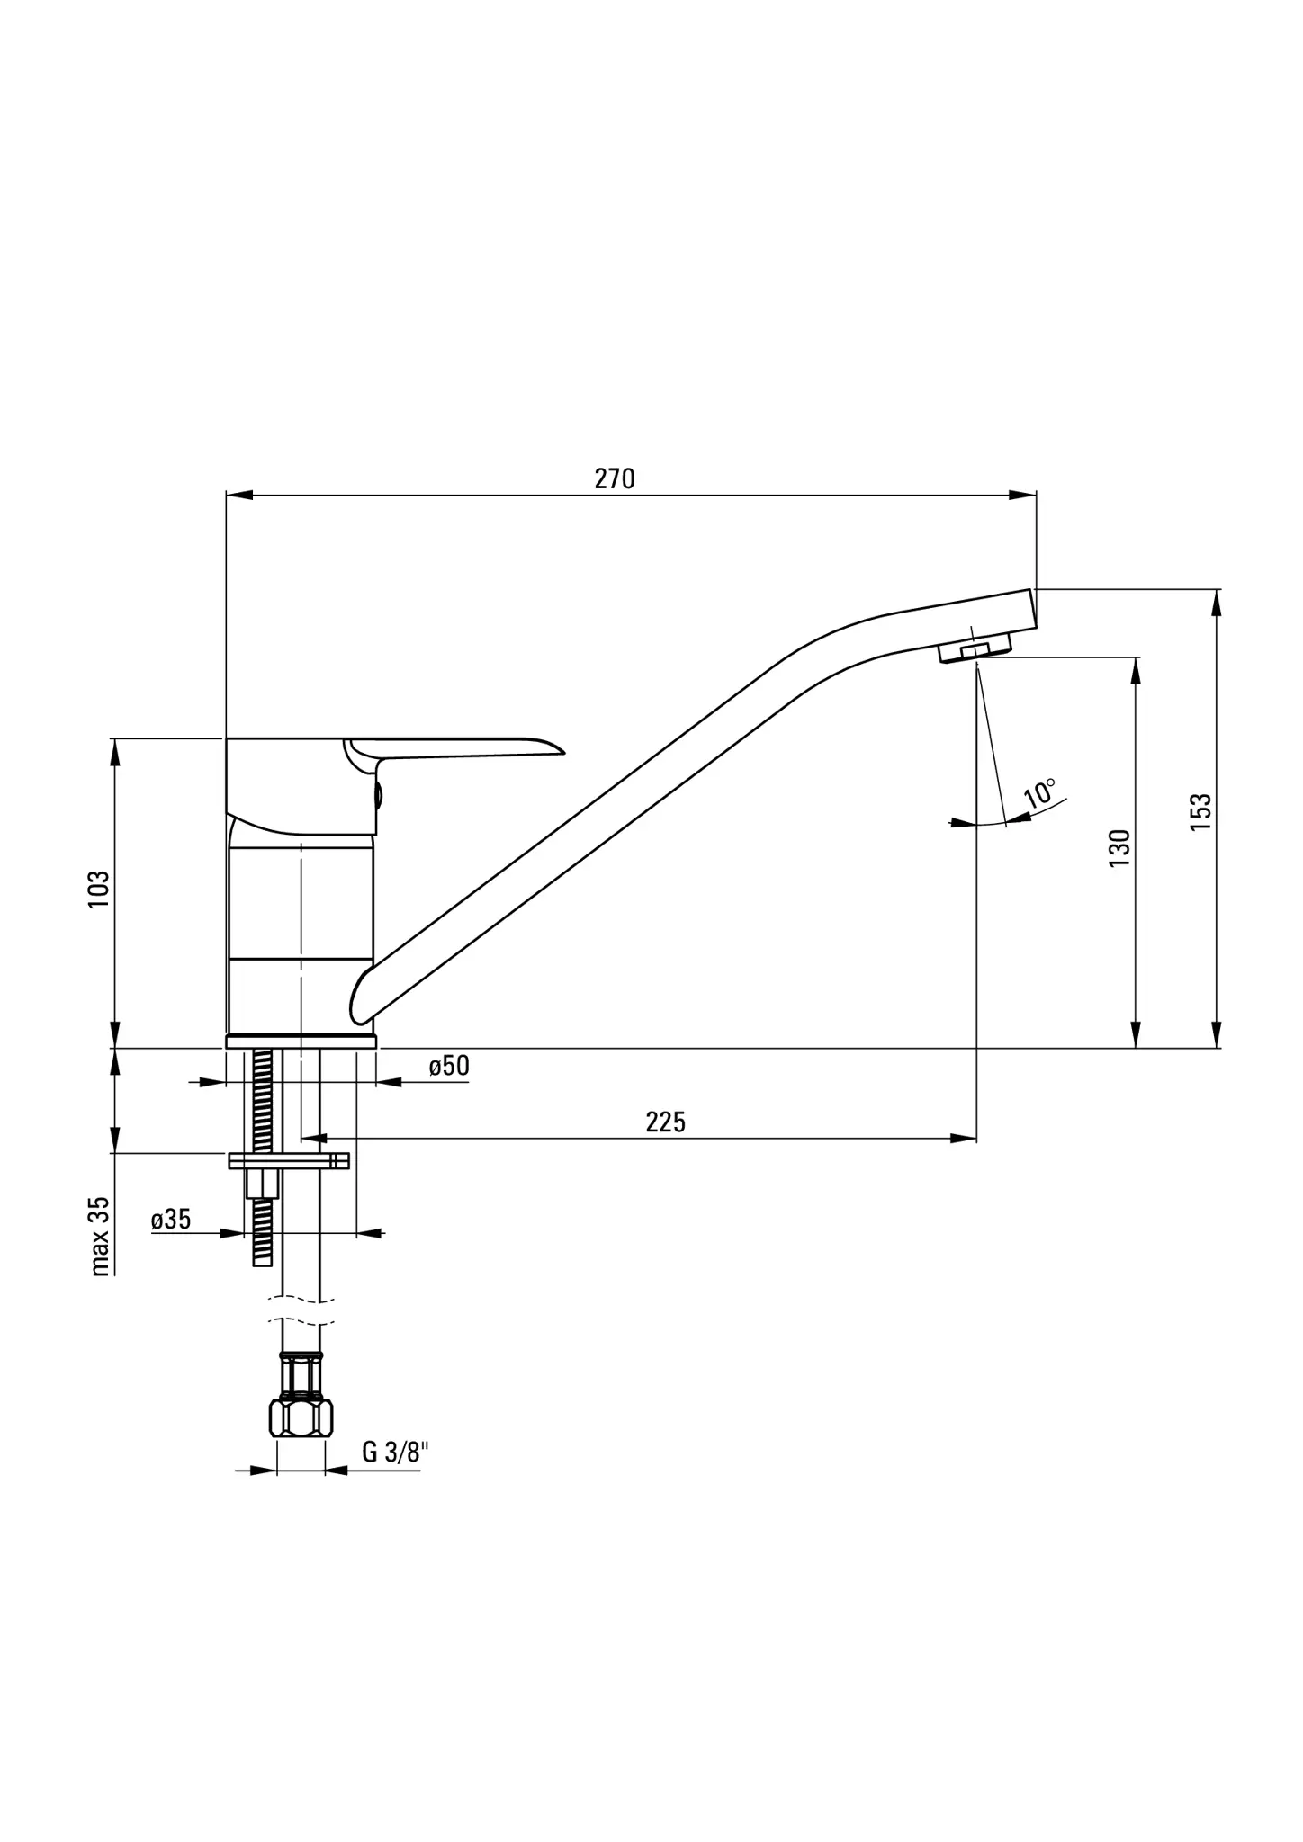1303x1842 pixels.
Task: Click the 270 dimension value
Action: pyautogui.click(x=615, y=478)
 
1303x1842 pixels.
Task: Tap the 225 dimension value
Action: pyautogui.click(x=665, y=1122)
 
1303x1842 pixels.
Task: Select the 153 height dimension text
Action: pyautogui.click(x=1201, y=812)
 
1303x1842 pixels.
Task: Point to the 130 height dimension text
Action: pyautogui.click(x=1119, y=848)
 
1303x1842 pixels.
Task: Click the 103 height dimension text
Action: pyautogui.click(x=98, y=889)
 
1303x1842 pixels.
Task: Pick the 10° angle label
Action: pyautogui.click(x=1040, y=793)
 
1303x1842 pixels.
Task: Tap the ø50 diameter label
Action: pyautogui.click(x=449, y=1067)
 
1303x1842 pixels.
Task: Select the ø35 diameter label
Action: pyautogui.click(x=171, y=1220)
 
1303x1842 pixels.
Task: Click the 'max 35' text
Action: pyautogui.click(x=100, y=1236)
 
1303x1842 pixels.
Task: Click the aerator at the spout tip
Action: pyautogui.click(x=975, y=648)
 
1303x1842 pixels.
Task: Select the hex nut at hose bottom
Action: pyautogui.click(x=301, y=1417)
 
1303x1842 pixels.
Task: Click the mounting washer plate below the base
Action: pyautogui.click(x=289, y=1161)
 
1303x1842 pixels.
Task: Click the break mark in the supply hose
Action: pyautogui.click(x=301, y=1310)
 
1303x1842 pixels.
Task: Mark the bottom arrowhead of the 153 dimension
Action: pyautogui.click(x=1217, y=1035)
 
